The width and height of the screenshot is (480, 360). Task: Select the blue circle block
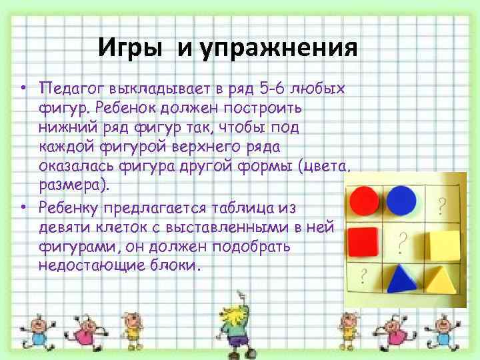402,199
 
